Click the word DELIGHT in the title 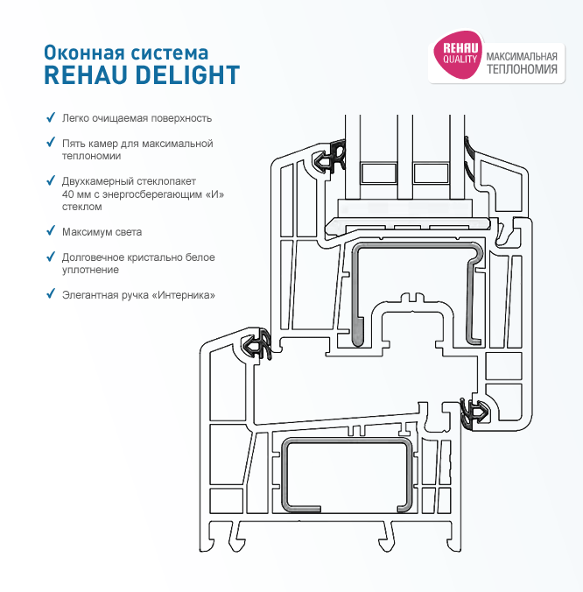point(187,74)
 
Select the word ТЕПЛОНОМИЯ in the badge point(522,69)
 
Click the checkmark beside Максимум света point(50,230)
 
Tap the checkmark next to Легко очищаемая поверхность point(50,117)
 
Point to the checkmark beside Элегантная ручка point(50,293)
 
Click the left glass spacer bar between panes point(378,173)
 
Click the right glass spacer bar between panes point(432,173)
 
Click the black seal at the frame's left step point(257,344)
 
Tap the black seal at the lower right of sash point(474,412)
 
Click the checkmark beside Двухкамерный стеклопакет point(50,180)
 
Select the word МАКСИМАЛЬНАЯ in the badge point(522,57)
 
